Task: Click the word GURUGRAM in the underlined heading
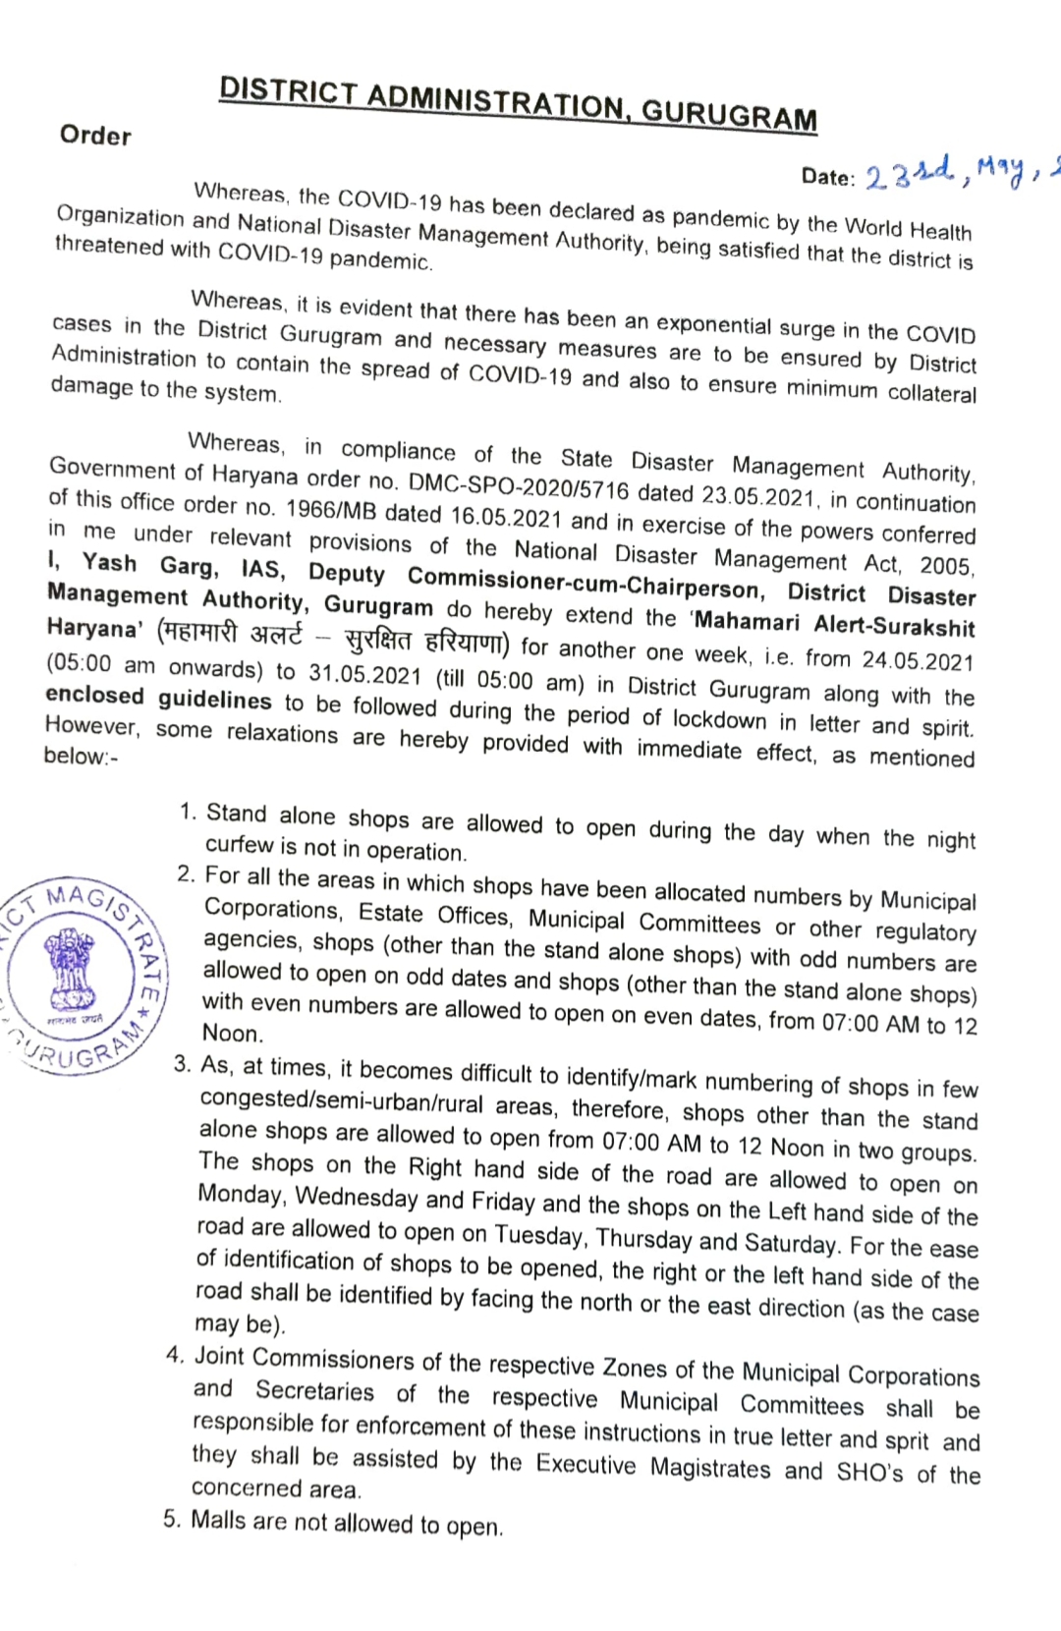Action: tap(729, 115)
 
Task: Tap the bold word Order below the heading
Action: tap(95, 135)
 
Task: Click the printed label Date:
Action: tap(828, 177)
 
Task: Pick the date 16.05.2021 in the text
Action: tap(505, 517)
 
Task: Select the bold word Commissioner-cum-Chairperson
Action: tap(586, 583)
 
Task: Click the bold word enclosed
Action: tap(94, 695)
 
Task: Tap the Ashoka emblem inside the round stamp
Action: tap(71, 969)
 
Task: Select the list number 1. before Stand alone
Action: tap(188, 812)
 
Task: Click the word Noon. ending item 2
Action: tap(233, 1033)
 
